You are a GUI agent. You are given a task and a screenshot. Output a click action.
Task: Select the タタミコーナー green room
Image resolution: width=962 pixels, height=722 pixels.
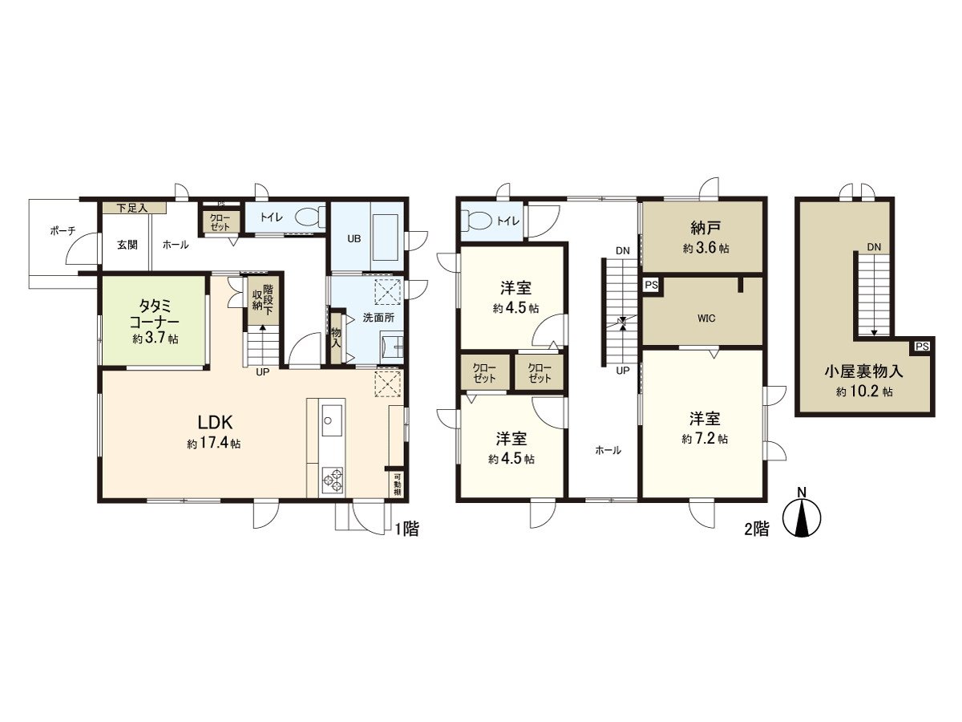click(155, 321)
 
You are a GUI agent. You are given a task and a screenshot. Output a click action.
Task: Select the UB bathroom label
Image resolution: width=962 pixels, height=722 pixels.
click(353, 238)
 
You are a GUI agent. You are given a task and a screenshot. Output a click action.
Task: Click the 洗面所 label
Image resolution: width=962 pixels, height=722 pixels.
click(374, 317)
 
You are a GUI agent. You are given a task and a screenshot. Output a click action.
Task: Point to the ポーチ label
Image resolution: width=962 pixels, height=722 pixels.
click(63, 230)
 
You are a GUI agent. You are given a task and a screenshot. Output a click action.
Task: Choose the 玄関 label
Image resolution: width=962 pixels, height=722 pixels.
click(127, 245)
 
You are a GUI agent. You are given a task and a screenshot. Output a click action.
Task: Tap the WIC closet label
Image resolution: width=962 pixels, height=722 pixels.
click(705, 318)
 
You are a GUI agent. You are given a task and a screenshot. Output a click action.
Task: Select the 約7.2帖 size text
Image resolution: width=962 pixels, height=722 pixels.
click(705, 440)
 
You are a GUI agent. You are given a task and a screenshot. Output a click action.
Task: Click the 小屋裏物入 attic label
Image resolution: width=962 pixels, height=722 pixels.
click(864, 371)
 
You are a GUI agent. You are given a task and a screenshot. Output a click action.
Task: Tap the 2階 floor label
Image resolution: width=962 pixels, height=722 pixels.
click(757, 529)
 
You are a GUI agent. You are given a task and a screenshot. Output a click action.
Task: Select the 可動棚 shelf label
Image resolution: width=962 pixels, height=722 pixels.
click(397, 485)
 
